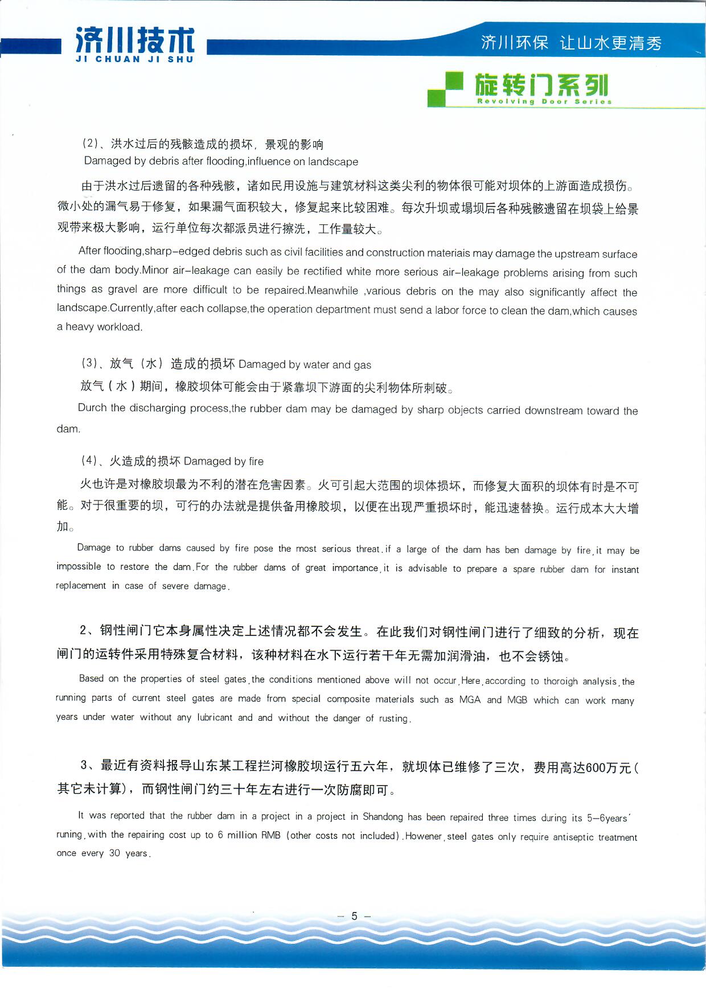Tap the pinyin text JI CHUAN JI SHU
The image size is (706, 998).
click(134, 59)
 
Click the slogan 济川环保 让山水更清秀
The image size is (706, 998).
click(571, 43)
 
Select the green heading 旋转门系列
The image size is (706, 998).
click(541, 85)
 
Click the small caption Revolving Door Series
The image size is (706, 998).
click(544, 102)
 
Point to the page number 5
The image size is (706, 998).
click(354, 916)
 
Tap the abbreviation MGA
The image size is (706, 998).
click(470, 700)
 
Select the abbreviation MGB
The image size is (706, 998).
click(517, 700)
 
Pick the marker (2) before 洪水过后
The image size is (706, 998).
click(91, 143)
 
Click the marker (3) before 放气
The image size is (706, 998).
click(90, 363)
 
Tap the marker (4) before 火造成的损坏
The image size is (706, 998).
click(89, 460)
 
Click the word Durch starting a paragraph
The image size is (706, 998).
click(92, 408)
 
